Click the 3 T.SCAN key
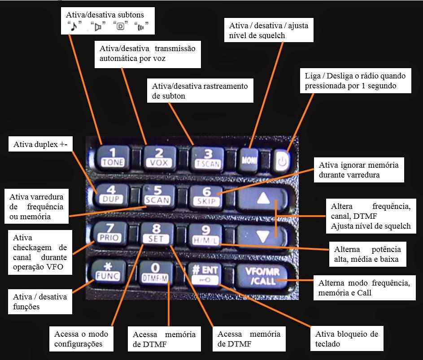point(207,157)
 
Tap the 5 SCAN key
point(157,195)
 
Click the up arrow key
point(264,198)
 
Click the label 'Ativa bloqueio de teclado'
point(346,339)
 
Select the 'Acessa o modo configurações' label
point(81,339)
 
